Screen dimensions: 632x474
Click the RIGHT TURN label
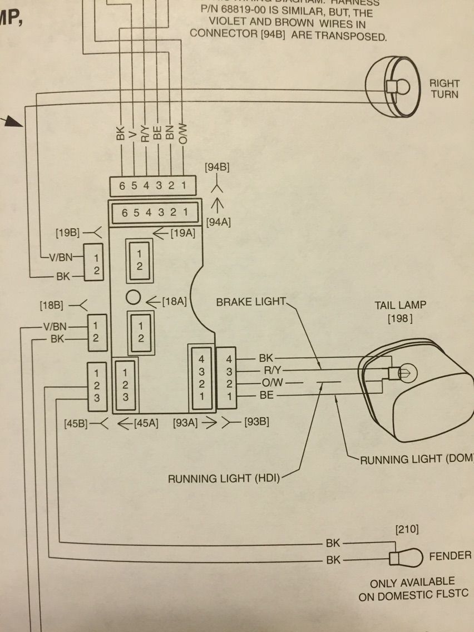coord(444,88)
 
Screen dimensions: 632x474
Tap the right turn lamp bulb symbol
coord(398,86)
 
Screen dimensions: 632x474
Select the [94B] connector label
coord(218,167)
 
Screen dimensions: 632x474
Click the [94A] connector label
coord(218,222)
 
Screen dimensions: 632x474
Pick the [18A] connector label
coord(174,301)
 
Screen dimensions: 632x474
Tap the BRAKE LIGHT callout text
coord(250,302)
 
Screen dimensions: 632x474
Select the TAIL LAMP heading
coord(401,305)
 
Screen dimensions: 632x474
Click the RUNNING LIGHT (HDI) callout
coord(224,478)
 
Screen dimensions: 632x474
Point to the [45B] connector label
coord(76,423)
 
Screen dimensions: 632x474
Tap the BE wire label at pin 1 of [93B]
coord(266,396)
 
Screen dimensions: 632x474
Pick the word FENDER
coord(450,556)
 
